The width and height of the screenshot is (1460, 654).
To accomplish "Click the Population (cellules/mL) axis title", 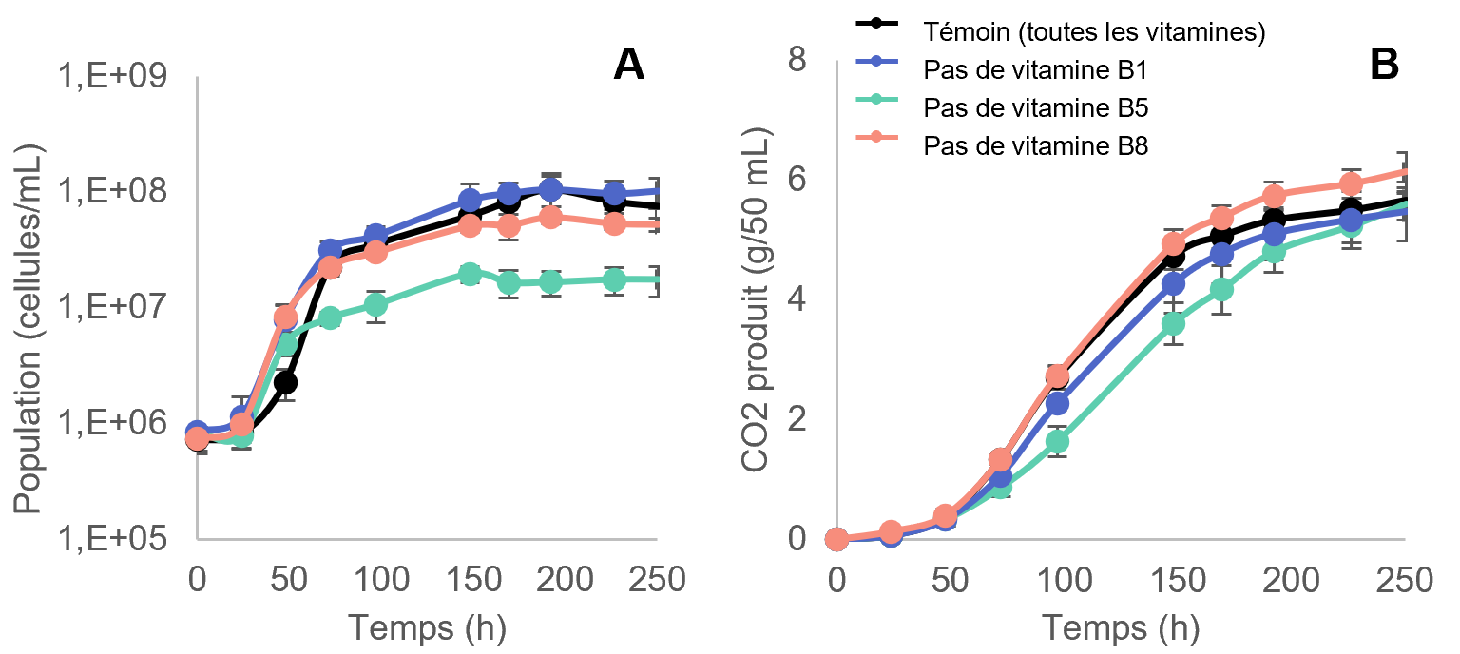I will coord(29,328).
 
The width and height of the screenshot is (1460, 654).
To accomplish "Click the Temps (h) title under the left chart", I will coord(426,627).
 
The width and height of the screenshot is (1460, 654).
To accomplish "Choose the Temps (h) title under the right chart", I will coord(1120,627).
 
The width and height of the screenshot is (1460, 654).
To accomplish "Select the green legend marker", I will coord(877,99).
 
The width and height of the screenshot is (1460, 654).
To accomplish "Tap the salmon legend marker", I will coord(877,137).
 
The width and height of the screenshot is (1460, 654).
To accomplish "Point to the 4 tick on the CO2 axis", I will coord(797,300).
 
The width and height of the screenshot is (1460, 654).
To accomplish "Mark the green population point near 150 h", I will coord(470,274).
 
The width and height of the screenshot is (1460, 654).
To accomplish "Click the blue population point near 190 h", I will coord(550,189).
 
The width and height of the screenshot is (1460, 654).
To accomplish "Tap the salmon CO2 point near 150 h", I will coord(1174,243).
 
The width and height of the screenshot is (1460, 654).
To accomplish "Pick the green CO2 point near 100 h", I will coord(1057,442).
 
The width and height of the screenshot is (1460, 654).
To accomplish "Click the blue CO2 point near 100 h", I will coord(1057,404).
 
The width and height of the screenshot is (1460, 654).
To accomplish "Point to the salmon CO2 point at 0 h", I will coord(836,539).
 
